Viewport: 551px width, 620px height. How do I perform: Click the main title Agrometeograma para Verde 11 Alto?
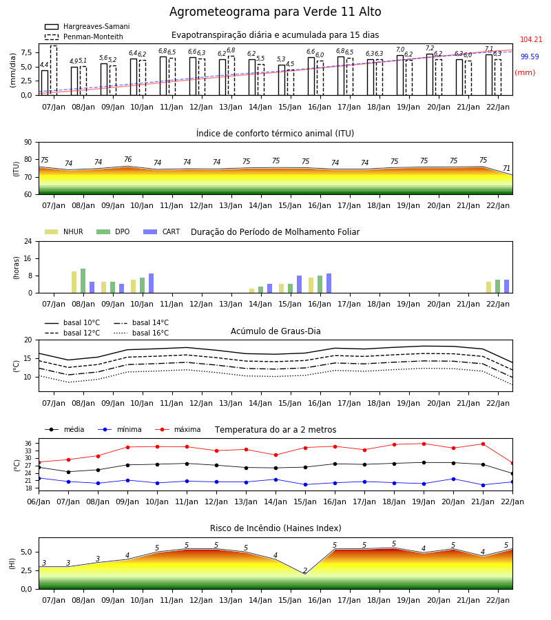point(275,12)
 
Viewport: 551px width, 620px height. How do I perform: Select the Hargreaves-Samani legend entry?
point(87,26)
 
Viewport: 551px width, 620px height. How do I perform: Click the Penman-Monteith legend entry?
point(84,37)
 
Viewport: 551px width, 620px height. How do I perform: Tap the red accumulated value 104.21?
point(531,39)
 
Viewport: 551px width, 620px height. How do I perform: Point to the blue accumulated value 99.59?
point(530,56)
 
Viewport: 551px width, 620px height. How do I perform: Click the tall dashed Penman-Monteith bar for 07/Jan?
point(54,70)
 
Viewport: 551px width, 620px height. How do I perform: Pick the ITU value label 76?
point(127,159)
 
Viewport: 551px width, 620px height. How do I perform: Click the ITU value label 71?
point(506,169)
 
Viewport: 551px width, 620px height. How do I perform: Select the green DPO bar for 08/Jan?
point(83,281)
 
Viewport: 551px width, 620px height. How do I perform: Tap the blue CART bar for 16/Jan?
point(329,283)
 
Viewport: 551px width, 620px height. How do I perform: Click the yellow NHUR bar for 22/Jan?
point(488,287)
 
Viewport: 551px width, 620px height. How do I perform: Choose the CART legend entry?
point(162,231)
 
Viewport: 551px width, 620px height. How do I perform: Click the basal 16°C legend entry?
point(141,333)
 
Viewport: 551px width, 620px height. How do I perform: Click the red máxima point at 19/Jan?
point(424,444)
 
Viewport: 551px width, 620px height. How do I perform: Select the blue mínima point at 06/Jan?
point(39,478)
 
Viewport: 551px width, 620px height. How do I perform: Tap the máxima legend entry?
point(178,429)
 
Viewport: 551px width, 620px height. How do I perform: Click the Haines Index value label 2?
point(305,570)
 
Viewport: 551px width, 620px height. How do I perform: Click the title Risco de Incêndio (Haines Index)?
point(275,528)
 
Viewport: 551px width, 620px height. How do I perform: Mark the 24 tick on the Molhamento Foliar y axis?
point(28,242)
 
